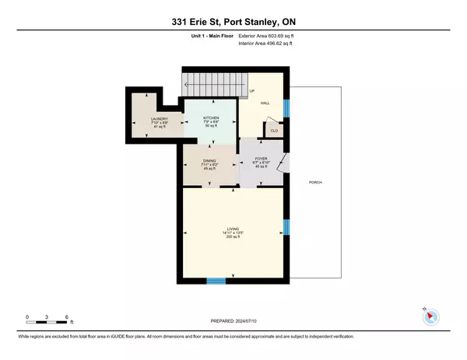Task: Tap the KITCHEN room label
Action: (x=211, y=118)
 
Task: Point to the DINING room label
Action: (x=209, y=160)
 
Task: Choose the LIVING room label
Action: (x=233, y=228)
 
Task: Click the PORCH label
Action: (x=315, y=182)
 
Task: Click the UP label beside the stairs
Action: (x=251, y=91)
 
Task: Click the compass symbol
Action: (x=433, y=316)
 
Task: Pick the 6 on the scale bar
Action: (x=69, y=316)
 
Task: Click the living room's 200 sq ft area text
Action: (x=233, y=236)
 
